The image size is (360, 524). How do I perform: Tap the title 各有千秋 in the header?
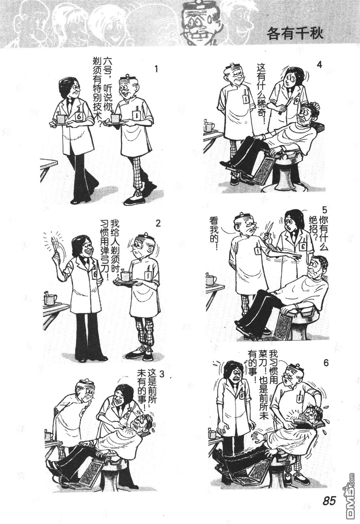[x=295, y=33]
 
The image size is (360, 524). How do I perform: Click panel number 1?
[x=156, y=69]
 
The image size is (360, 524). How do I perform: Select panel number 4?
[x=319, y=64]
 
